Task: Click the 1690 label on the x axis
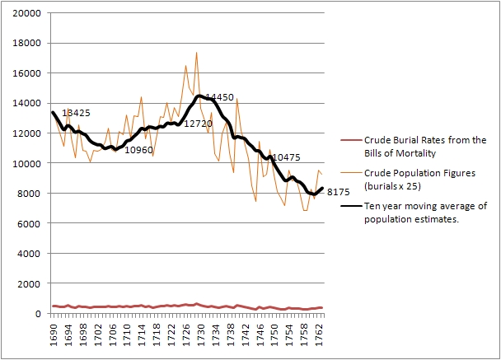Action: tap(54, 332)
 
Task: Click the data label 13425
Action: tap(76, 113)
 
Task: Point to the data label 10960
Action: tap(138, 150)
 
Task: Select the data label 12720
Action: tap(198, 124)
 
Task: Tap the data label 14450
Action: tap(219, 97)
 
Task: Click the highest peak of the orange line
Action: tap(196, 53)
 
